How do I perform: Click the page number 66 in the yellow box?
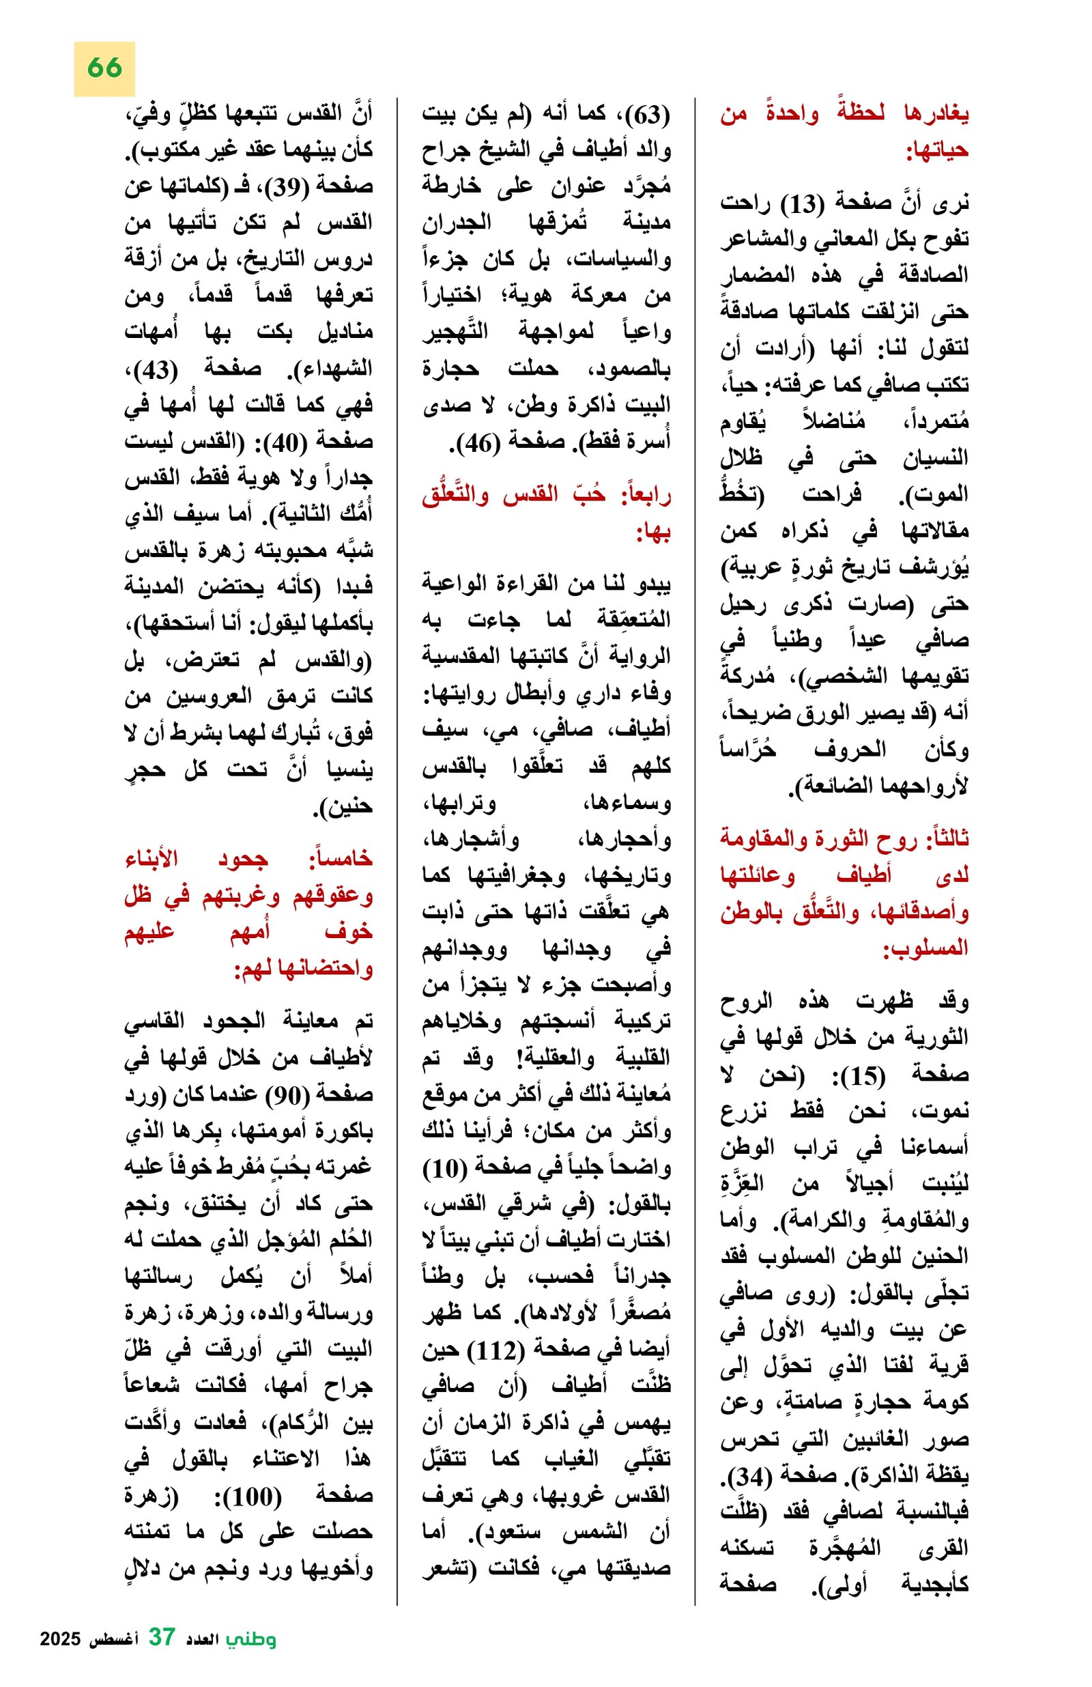(104, 68)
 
